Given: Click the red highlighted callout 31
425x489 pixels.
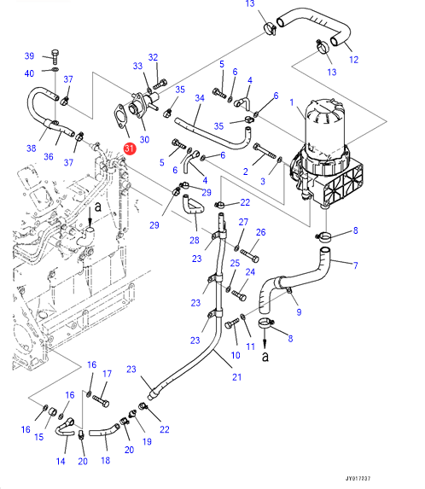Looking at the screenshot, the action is pyautogui.click(x=130, y=148).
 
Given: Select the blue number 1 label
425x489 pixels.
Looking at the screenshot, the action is pyautogui.click(x=292, y=102).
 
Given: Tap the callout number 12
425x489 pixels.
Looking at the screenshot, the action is pyautogui.click(x=353, y=60).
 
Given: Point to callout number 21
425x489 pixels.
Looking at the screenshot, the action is pyautogui.click(x=237, y=377).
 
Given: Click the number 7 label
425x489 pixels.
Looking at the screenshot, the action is pyautogui.click(x=356, y=265).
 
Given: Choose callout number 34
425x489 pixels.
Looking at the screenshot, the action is pyautogui.click(x=200, y=98).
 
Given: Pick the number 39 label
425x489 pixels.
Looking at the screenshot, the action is pyautogui.click(x=29, y=55).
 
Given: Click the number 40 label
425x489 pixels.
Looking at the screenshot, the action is pyautogui.click(x=29, y=73).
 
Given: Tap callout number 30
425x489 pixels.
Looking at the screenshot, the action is pyautogui.click(x=144, y=139).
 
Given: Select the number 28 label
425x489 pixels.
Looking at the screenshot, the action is pyautogui.click(x=195, y=240).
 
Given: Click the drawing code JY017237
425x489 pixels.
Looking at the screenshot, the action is pyautogui.click(x=358, y=479).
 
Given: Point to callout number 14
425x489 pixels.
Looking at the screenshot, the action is pyautogui.click(x=61, y=461).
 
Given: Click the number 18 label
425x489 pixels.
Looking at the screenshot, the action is pyautogui.click(x=105, y=460).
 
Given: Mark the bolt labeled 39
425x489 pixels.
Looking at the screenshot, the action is pyautogui.click(x=55, y=57).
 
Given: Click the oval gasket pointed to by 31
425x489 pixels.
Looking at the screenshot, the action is pyautogui.click(x=119, y=117).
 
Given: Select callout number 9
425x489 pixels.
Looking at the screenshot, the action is pyautogui.click(x=299, y=311).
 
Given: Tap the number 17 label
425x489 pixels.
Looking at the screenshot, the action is pyautogui.click(x=107, y=374).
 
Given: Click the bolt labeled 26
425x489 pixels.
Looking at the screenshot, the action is pyautogui.click(x=250, y=256).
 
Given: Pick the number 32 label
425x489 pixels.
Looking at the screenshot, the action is pyautogui.click(x=153, y=57).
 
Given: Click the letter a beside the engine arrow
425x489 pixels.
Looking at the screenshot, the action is pyautogui.click(x=98, y=207).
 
